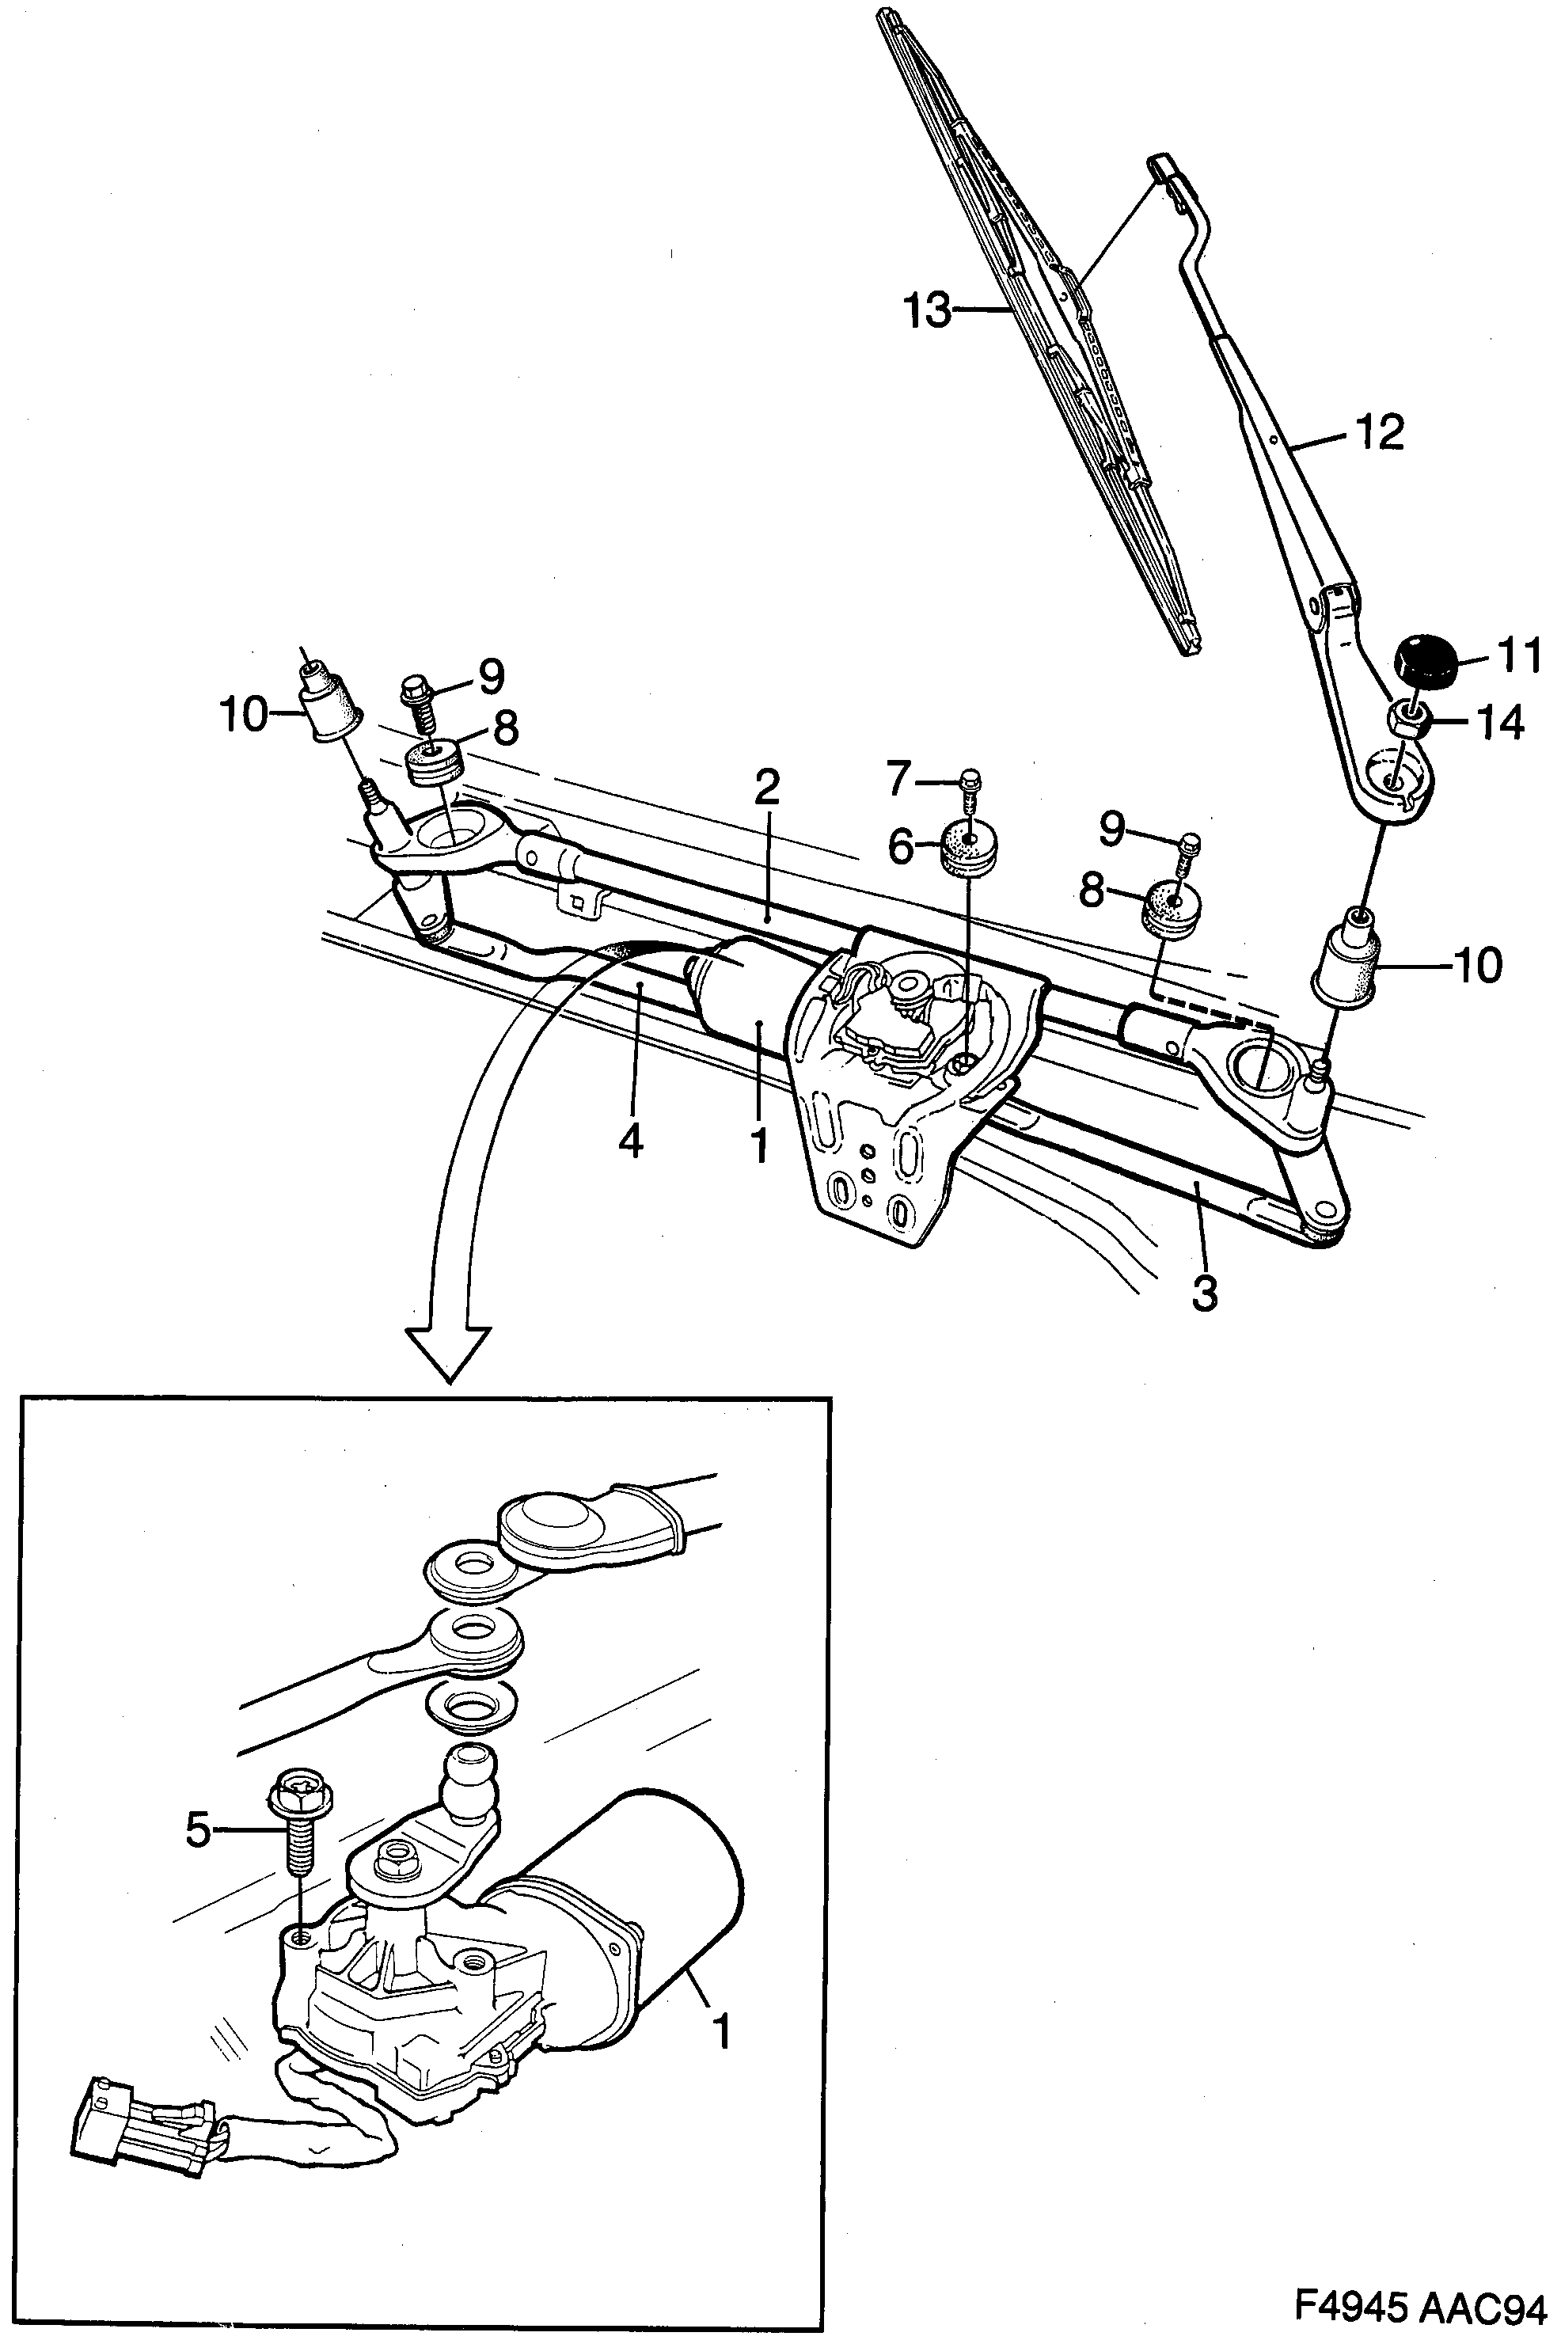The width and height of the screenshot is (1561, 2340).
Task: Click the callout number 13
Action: (x=927, y=310)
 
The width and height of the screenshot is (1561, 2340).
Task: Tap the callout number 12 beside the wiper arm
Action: (x=1378, y=432)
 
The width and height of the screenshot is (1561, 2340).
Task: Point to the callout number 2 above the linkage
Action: (x=766, y=788)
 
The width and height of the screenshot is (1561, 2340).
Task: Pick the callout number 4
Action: (x=630, y=1140)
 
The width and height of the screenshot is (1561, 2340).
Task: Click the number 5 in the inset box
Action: (x=199, y=1829)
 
